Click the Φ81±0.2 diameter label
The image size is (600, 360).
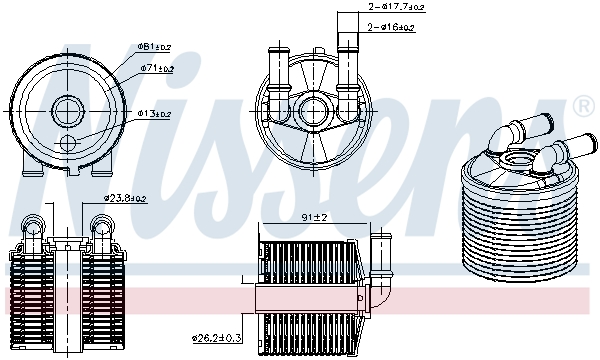[153, 47]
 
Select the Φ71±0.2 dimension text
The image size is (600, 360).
[156, 69]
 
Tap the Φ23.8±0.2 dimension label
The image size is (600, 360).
[125, 198]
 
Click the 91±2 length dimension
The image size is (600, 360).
[315, 217]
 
